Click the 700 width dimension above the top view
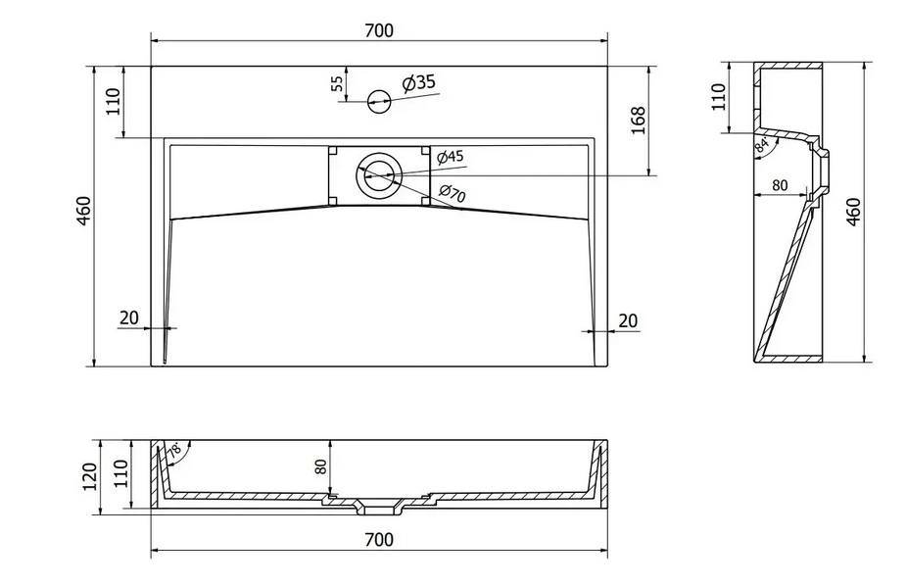(378, 30)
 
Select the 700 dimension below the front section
(378, 540)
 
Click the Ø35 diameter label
(418, 82)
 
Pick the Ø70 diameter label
(452, 194)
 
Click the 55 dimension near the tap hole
(338, 84)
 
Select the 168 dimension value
(638, 121)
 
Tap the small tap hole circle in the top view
(378, 99)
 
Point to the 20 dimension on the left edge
(129, 317)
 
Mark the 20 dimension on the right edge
(629, 319)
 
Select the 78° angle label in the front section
(174, 452)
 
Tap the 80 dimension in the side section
(780, 185)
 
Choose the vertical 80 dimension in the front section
(320, 466)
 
